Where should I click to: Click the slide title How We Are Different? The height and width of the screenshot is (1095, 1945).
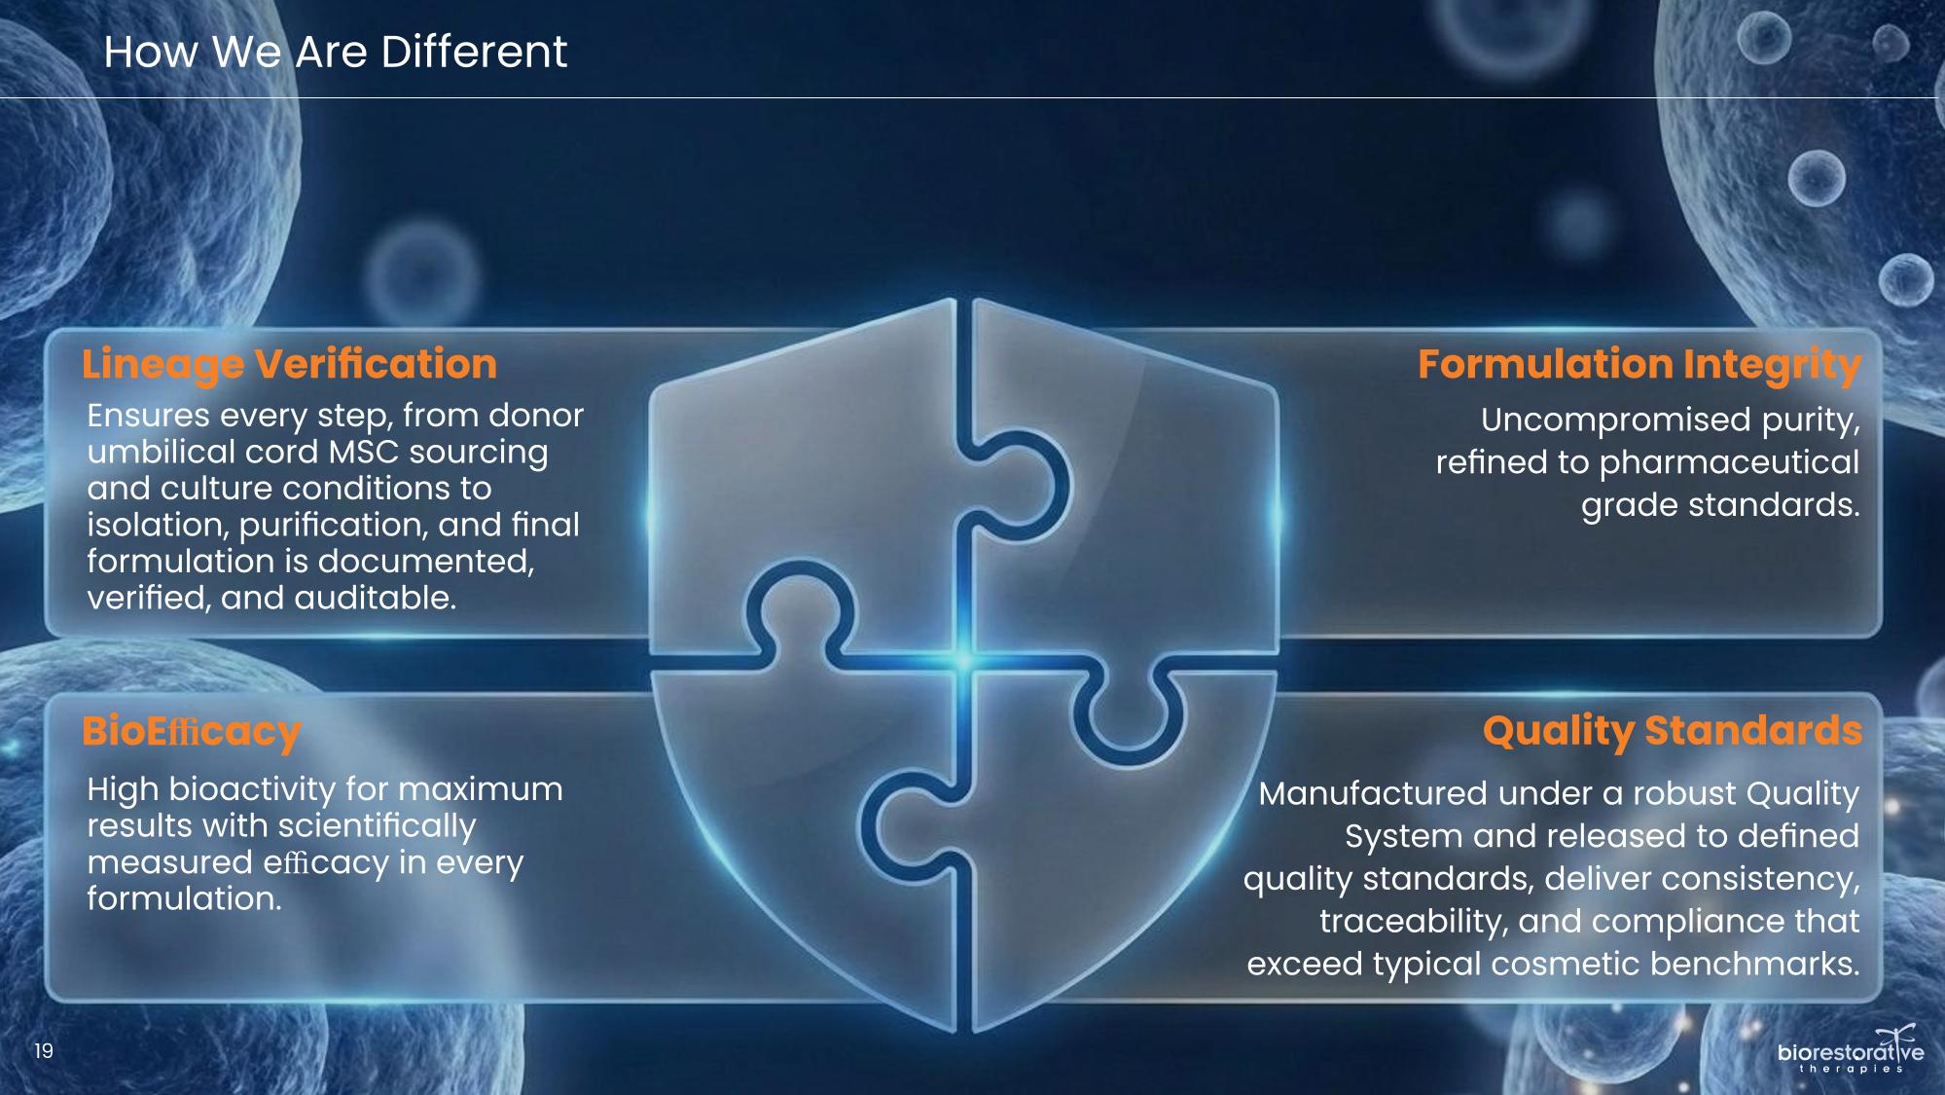[335, 52]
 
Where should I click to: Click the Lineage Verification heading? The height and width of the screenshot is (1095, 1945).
[289, 365]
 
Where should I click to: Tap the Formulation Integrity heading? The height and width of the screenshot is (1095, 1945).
[1639, 365]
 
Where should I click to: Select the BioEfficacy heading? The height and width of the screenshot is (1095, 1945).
[192, 732]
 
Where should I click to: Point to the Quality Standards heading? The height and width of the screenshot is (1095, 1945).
[1673, 732]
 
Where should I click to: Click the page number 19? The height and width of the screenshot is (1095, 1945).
[44, 1051]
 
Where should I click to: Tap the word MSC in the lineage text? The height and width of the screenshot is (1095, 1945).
[364, 453]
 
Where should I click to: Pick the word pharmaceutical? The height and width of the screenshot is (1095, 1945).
[1729, 462]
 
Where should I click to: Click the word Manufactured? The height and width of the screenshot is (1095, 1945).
[1372, 794]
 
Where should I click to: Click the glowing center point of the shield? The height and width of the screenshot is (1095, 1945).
[963, 659]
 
